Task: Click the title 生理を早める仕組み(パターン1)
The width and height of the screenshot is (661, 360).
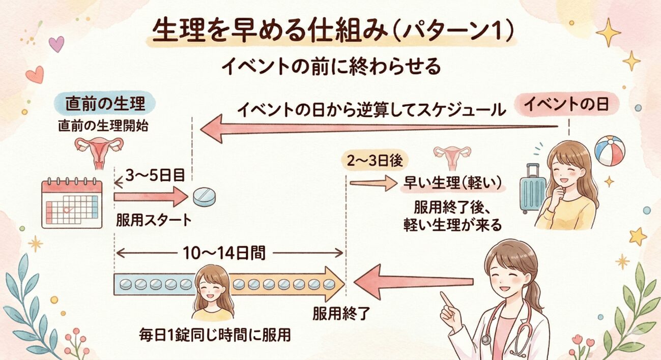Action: point(331,33)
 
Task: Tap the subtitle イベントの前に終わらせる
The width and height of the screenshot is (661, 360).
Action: point(331,67)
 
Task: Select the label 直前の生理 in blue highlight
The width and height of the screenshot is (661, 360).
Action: point(105,104)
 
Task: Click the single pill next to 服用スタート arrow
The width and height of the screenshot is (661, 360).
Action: point(205,197)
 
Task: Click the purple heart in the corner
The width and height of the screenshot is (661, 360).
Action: point(56,44)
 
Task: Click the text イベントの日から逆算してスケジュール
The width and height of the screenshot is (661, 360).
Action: point(370,110)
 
